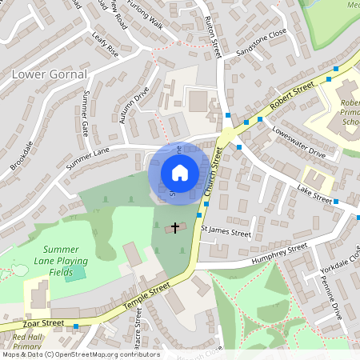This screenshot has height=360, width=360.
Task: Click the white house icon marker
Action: click(179, 172)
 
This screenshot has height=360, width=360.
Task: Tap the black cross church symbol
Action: click(175, 228)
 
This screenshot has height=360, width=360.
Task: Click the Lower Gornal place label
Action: click(46, 74)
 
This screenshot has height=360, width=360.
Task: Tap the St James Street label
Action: click(226, 234)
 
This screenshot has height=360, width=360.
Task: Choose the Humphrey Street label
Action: click(278, 253)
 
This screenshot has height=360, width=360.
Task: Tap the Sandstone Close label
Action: click(261, 46)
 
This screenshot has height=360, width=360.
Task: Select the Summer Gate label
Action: click(85, 112)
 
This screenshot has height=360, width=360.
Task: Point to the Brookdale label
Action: click(22, 155)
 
